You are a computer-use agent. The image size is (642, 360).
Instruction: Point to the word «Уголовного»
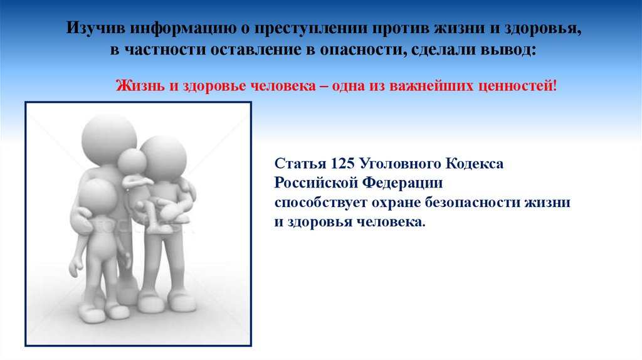(x=399, y=164)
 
